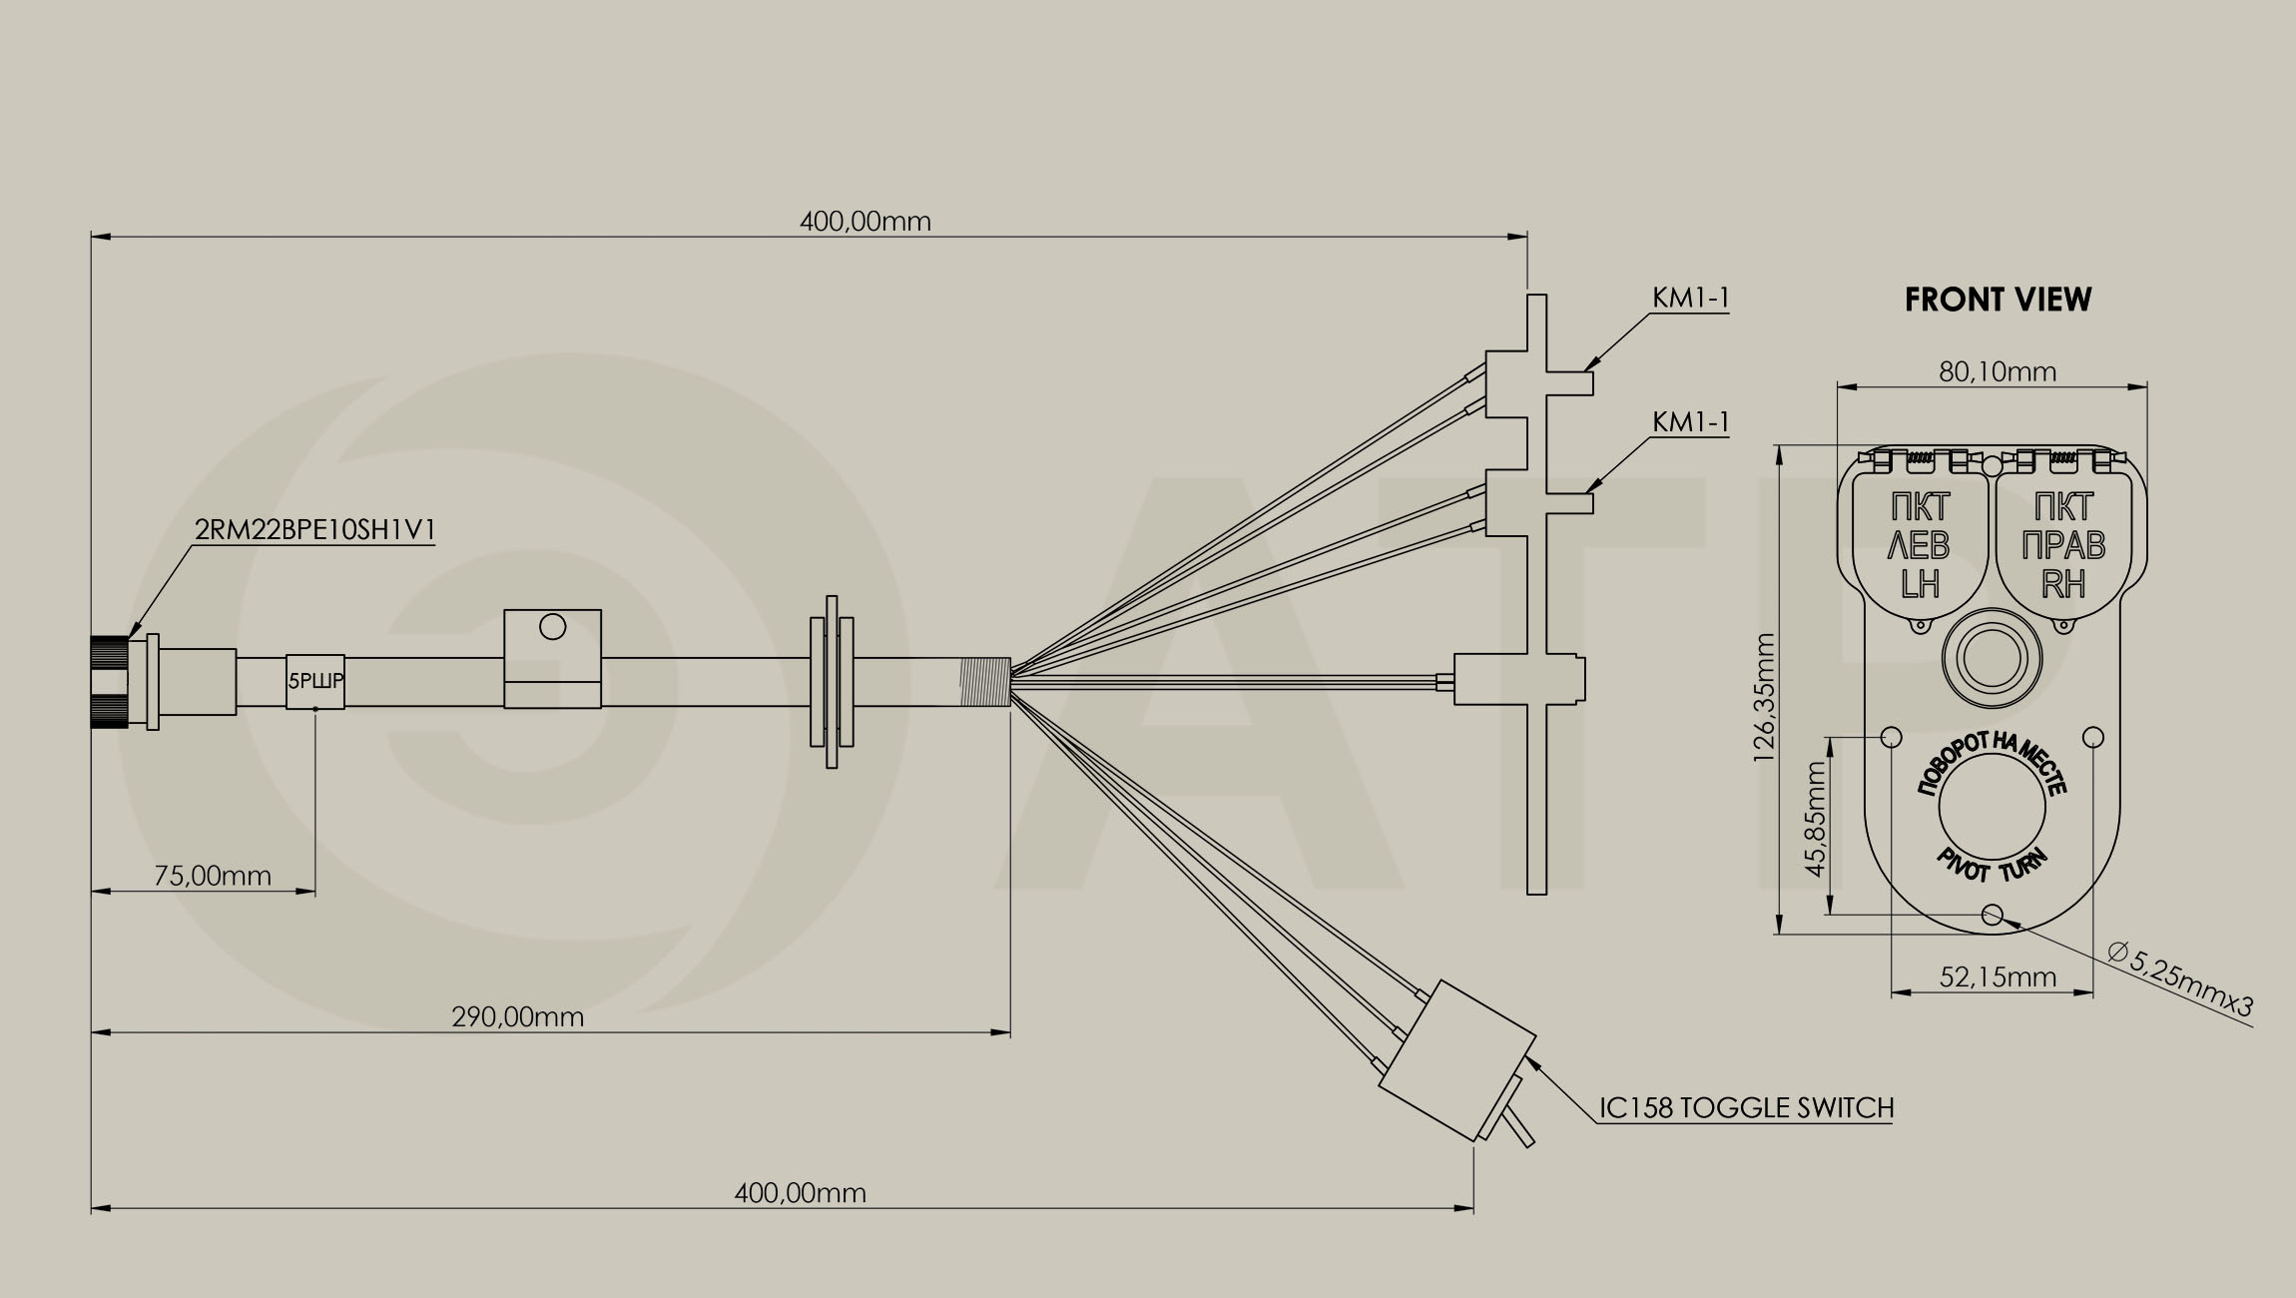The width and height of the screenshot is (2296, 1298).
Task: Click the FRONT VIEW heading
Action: [1998, 300]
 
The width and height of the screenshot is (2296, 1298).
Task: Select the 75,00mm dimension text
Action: [213, 876]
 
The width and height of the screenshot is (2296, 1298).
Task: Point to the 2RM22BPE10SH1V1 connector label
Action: [314, 530]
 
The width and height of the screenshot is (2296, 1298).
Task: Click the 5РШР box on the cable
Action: [315, 682]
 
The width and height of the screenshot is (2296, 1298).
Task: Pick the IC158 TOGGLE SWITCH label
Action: [1747, 1107]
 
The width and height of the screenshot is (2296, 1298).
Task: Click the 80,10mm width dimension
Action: [1998, 372]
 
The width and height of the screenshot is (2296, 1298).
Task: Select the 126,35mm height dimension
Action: [1765, 697]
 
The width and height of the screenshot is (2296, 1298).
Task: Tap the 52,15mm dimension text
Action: [1998, 976]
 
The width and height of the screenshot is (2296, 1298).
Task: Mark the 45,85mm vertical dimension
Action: [1816, 819]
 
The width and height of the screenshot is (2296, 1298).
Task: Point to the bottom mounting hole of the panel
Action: [1992, 915]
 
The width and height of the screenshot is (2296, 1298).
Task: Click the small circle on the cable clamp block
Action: [552, 627]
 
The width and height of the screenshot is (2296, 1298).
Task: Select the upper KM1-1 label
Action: [1690, 298]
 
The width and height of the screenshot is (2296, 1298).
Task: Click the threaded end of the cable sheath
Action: [985, 682]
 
